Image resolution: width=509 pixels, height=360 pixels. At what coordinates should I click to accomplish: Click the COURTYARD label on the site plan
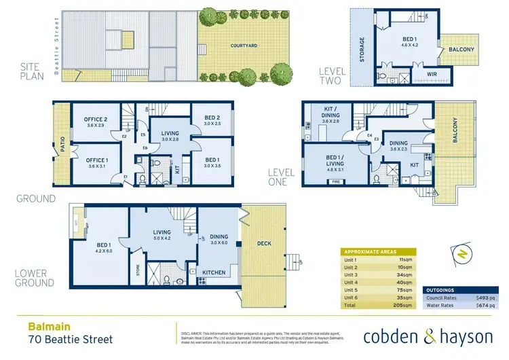click(242, 46)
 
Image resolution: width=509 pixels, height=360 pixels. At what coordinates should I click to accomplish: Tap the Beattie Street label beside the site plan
click(54, 39)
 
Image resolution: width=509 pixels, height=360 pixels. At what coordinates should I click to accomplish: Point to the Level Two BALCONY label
click(461, 50)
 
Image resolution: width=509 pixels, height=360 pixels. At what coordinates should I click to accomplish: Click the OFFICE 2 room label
click(96, 122)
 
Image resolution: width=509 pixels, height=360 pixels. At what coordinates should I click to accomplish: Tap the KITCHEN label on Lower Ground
click(214, 272)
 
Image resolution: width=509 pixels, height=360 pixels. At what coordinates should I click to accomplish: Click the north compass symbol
click(462, 255)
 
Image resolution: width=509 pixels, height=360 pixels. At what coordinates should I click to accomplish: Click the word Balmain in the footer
click(42, 325)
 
